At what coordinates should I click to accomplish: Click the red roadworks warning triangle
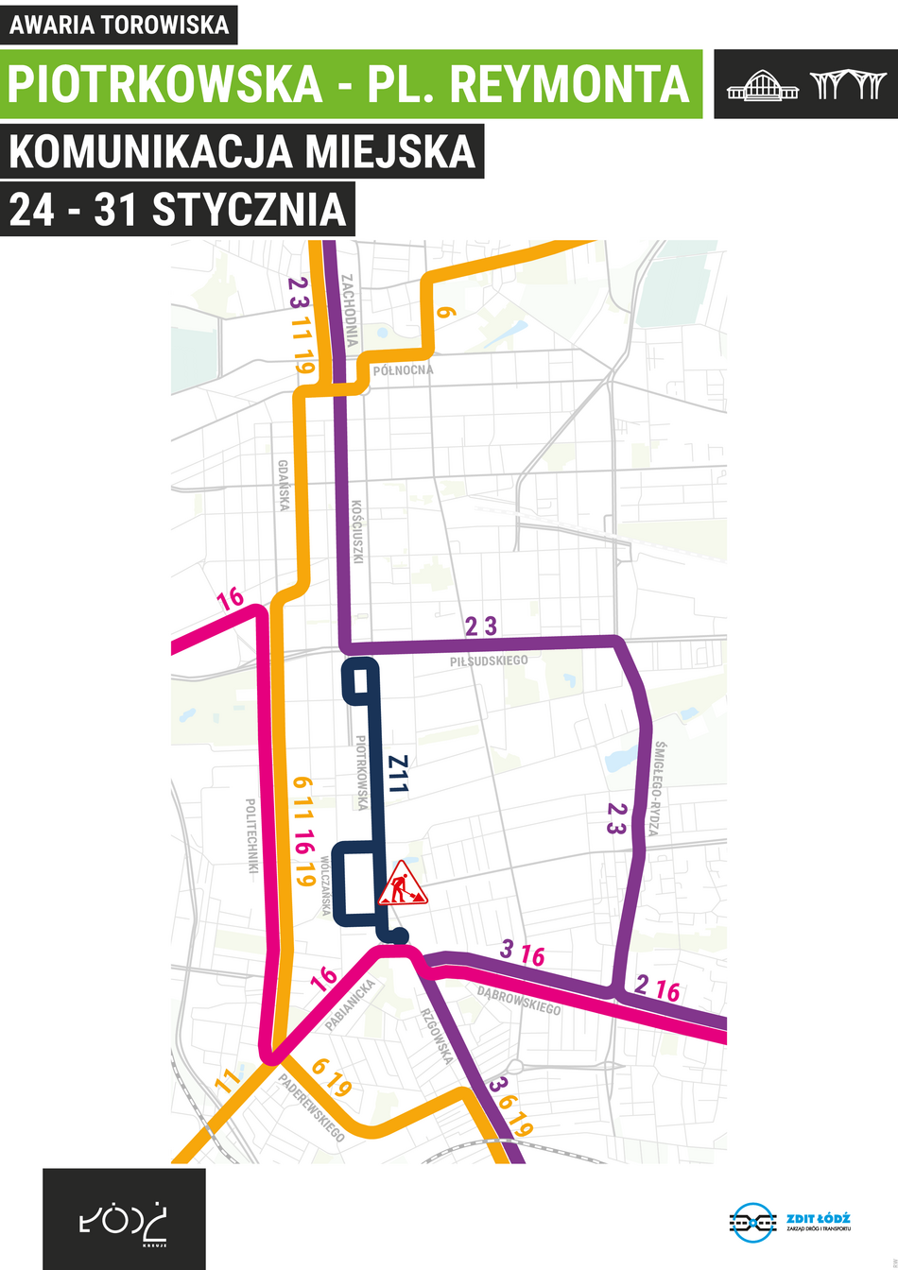[x=403, y=884]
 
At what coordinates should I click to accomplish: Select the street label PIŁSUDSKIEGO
[x=489, y=660]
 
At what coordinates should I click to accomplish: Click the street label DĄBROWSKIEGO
[x=518, y=1001]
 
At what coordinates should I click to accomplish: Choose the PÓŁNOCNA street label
[x=403, y=369]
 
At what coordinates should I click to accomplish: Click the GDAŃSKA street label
[x=284, y=486]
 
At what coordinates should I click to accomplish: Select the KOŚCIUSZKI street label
[x=357, y=532]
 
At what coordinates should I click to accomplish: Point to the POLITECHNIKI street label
[x=251, y=835]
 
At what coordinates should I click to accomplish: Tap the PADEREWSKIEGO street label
[x=312, y=1107]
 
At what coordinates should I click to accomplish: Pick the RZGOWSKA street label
[x=437, y=1036]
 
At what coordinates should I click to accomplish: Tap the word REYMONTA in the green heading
[x=570, y=84]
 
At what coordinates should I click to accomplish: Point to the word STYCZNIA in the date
[x=250, y=209]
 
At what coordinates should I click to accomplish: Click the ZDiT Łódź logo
[x=790, y=1222]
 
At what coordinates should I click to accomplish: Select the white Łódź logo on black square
[x=124, y=1219]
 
